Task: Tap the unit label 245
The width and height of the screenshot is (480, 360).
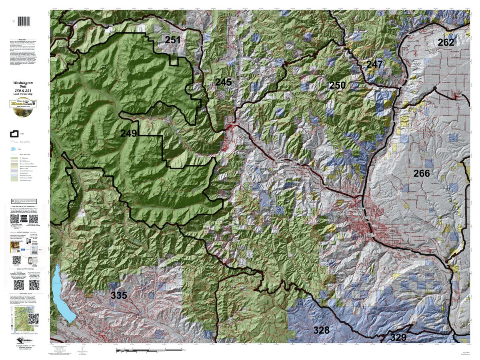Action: (223, 82)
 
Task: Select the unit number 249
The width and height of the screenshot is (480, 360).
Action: (129, 133)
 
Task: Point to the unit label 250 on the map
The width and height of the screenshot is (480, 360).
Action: (337, 85)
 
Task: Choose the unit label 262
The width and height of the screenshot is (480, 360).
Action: (446, 42)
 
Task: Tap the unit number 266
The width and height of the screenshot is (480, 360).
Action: (422, 173)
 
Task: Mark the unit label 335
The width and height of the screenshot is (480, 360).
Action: (118, 296)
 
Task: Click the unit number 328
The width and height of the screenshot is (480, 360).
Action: (321, 330)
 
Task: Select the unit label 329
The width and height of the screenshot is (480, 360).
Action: (398, 337)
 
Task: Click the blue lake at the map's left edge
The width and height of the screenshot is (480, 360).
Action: (64, 292)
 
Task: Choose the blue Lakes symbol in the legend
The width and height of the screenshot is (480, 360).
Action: (14, 149)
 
